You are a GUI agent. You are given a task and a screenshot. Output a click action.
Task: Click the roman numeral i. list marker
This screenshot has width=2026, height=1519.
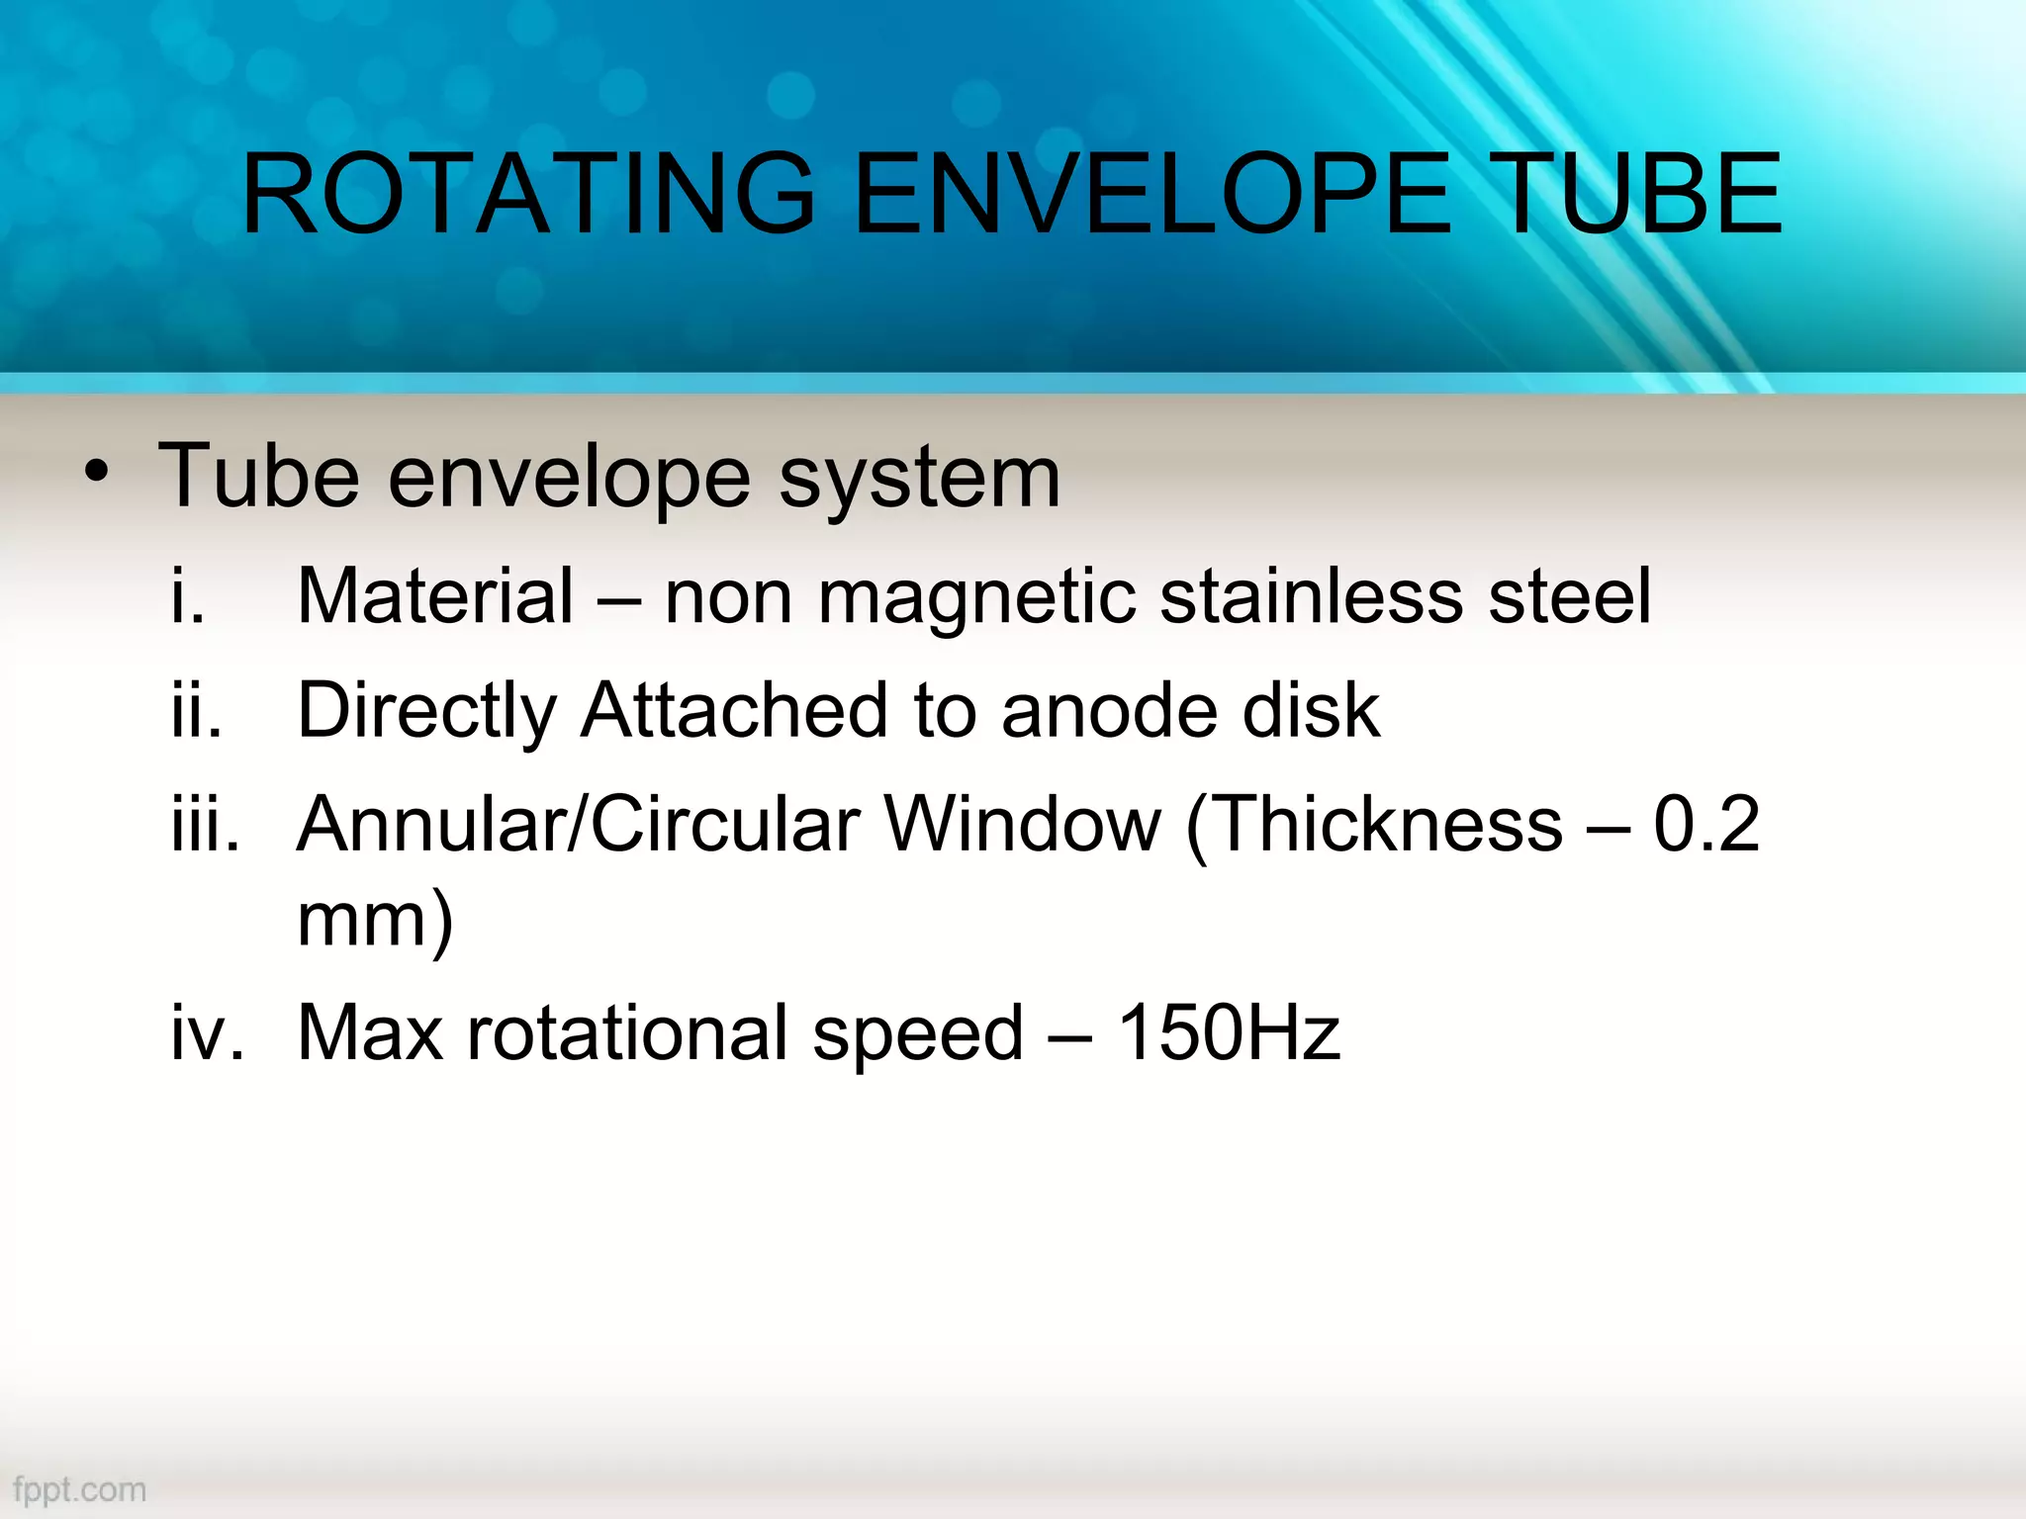click(x=188, y=596)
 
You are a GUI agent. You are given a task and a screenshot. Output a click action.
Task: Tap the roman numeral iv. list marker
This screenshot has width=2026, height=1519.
click(x=207, y=1032)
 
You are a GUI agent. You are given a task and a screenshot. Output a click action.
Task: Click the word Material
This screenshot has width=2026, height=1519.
click(x=435, y=596)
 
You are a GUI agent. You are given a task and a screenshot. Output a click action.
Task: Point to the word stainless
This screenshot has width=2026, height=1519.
click(x=1311, y=596)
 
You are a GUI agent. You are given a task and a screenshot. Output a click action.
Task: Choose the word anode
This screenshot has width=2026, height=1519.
click(x=1109, y=710)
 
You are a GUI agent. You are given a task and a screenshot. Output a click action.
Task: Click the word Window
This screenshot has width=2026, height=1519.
click(x=1022, y=823)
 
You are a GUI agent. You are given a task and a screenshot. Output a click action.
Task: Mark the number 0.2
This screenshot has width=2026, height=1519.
click(x=1706, y=823)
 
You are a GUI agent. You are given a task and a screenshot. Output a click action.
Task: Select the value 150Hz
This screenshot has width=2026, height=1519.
click(x=1228, y=1032)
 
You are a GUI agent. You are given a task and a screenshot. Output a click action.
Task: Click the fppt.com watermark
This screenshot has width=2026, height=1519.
click(x=80, y=1489)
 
